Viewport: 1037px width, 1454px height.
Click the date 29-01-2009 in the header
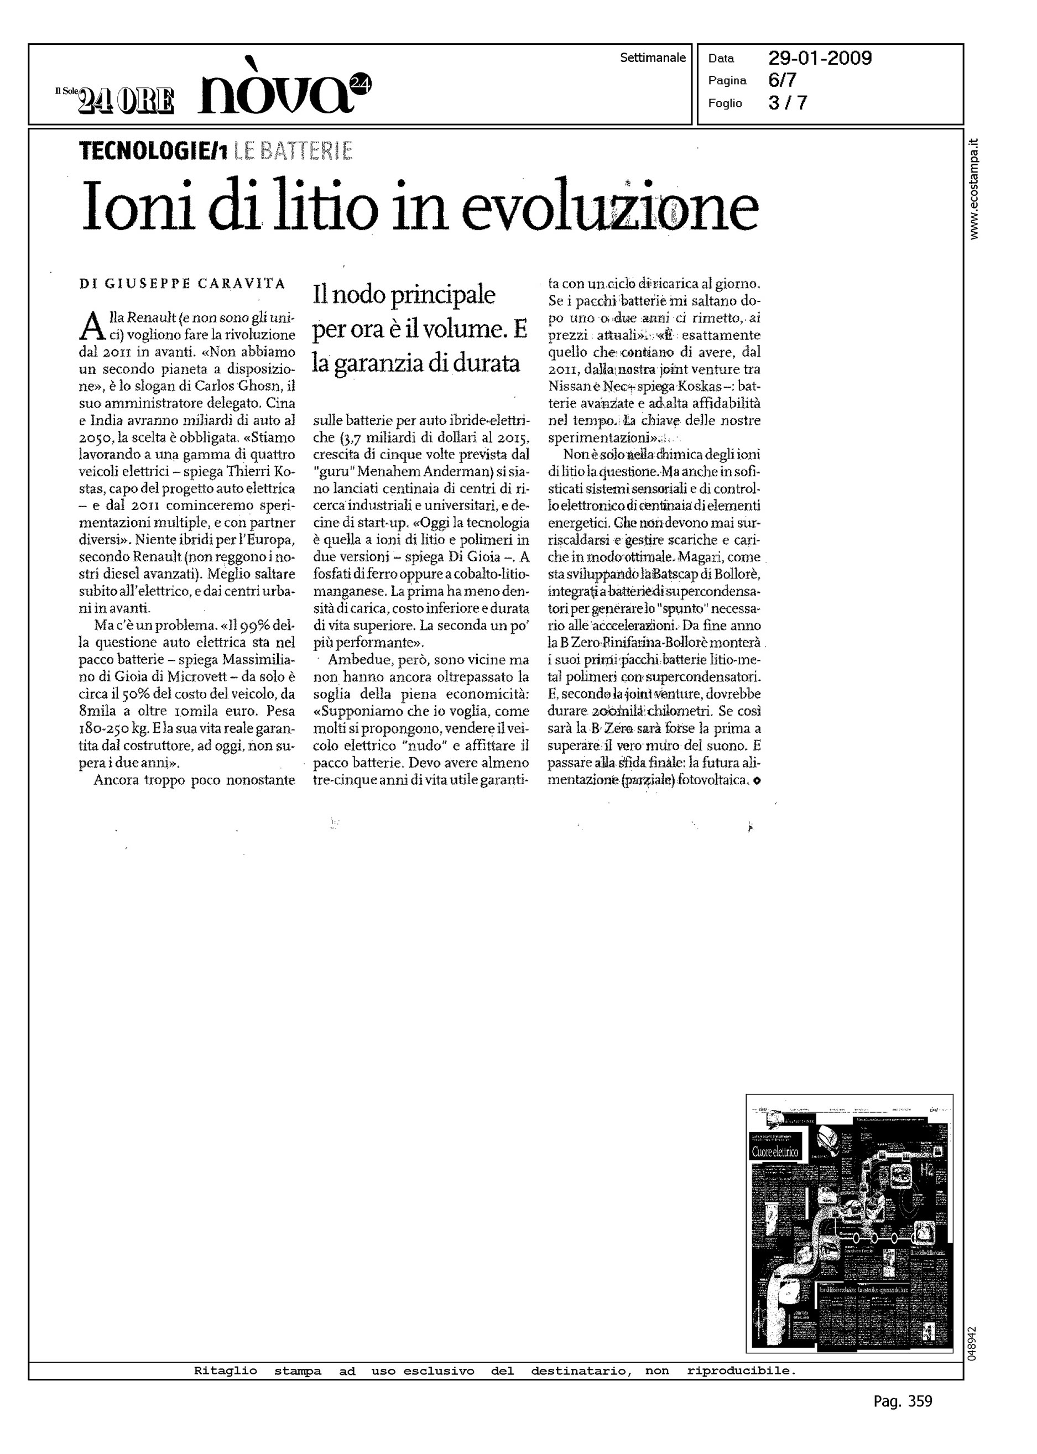[819, 59]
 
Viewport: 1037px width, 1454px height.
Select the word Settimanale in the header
[653, 58]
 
